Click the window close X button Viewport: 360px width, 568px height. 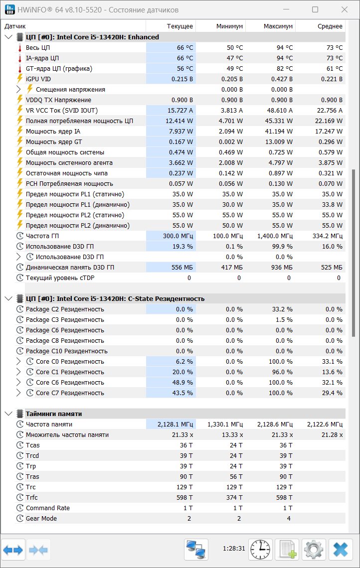[345, 10]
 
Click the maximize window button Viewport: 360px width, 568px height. [315, 10]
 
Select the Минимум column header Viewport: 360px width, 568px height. [229, 26]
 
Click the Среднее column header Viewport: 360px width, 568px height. [330, 26]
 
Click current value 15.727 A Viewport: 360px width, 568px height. [180, 111]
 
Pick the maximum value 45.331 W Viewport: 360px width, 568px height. [279, 121]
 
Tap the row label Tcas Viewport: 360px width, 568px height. [32, 445]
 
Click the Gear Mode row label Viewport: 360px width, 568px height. [41, 518]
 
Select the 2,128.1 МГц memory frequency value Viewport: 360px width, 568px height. [175, 424]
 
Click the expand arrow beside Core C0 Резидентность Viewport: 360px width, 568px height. [19, 362]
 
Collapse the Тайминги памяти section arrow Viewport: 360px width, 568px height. [8, 414]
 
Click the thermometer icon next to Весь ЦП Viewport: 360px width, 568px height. [20, 48]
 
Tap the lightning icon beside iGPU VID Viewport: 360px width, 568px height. [20, 79]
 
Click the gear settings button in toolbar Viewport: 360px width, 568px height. [314, 550]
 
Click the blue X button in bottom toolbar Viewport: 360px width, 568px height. [341, 550]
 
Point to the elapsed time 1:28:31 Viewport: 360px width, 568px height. [234, 549]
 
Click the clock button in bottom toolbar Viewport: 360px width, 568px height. [260, 550]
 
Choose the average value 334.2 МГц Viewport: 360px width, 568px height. [328, 236]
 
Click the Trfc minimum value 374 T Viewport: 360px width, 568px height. [234, 498]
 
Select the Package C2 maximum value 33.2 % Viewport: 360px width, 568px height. [282, 309]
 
